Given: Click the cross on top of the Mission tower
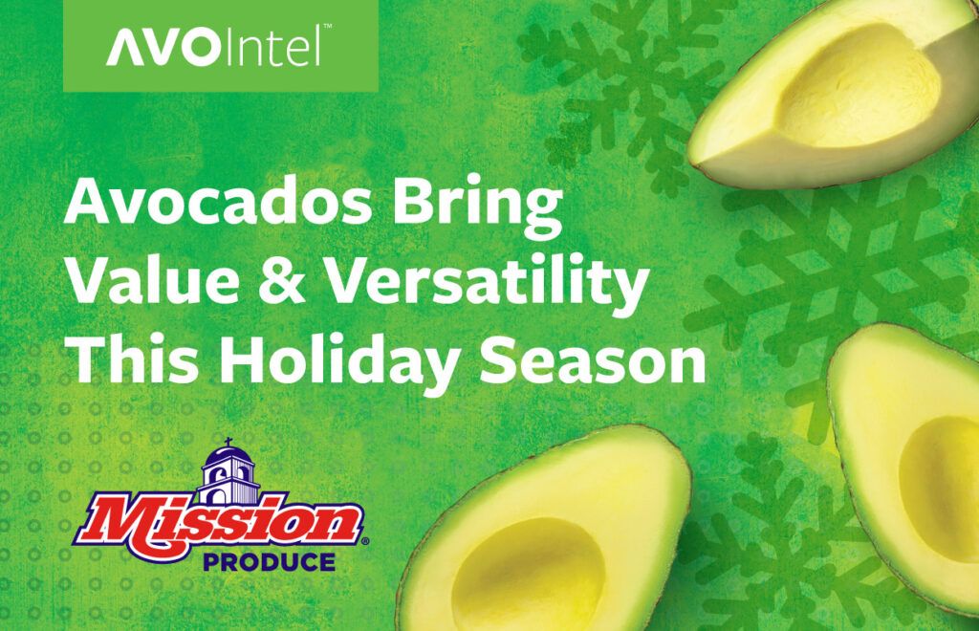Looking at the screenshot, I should pyautogui.click(x=230, y=442).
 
